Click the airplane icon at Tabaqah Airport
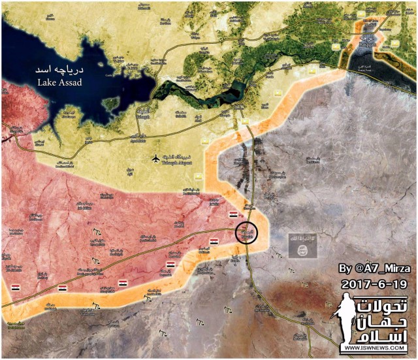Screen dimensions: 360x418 pos(155,158)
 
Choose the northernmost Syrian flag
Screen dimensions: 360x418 pos(233,214)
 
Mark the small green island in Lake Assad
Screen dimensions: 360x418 pos(111,103)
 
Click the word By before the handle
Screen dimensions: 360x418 pos(345,269)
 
